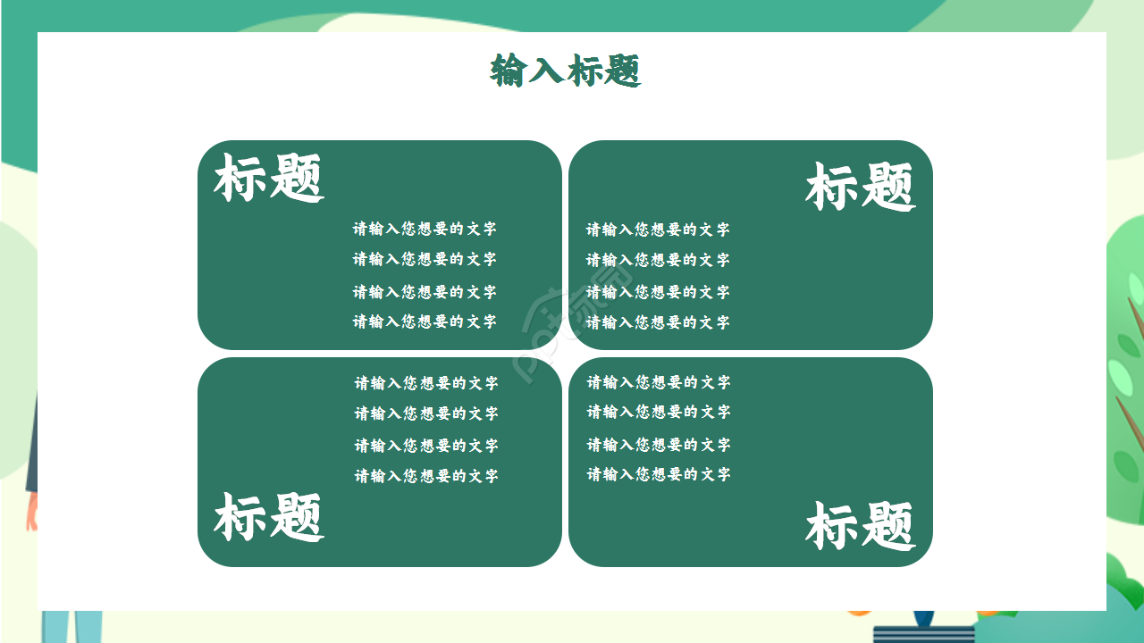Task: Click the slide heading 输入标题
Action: pos(566,71)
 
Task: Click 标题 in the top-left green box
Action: pos(268,178)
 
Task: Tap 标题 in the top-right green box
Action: pos(860,187)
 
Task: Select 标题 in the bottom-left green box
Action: pos(268,517)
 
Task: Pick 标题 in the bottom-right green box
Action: pos(860,525)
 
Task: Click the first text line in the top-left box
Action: pos(425,229)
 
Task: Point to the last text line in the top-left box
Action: pos(425,321)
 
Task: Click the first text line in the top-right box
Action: pos(658,230)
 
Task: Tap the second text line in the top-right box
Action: pos(658,260)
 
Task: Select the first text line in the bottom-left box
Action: pos(426,383)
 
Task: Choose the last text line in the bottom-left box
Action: pos(426,476)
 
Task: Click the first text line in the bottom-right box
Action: pos(659,382)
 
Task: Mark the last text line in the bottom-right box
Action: pos(659,474)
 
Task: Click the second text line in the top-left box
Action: pos(425,259)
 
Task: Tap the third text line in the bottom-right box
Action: pos(659,445)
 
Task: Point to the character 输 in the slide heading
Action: pos(509,71)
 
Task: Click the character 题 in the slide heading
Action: pos(624,71)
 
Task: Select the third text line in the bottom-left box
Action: pos(426,446)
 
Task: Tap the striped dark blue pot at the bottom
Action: pos(924,632)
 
